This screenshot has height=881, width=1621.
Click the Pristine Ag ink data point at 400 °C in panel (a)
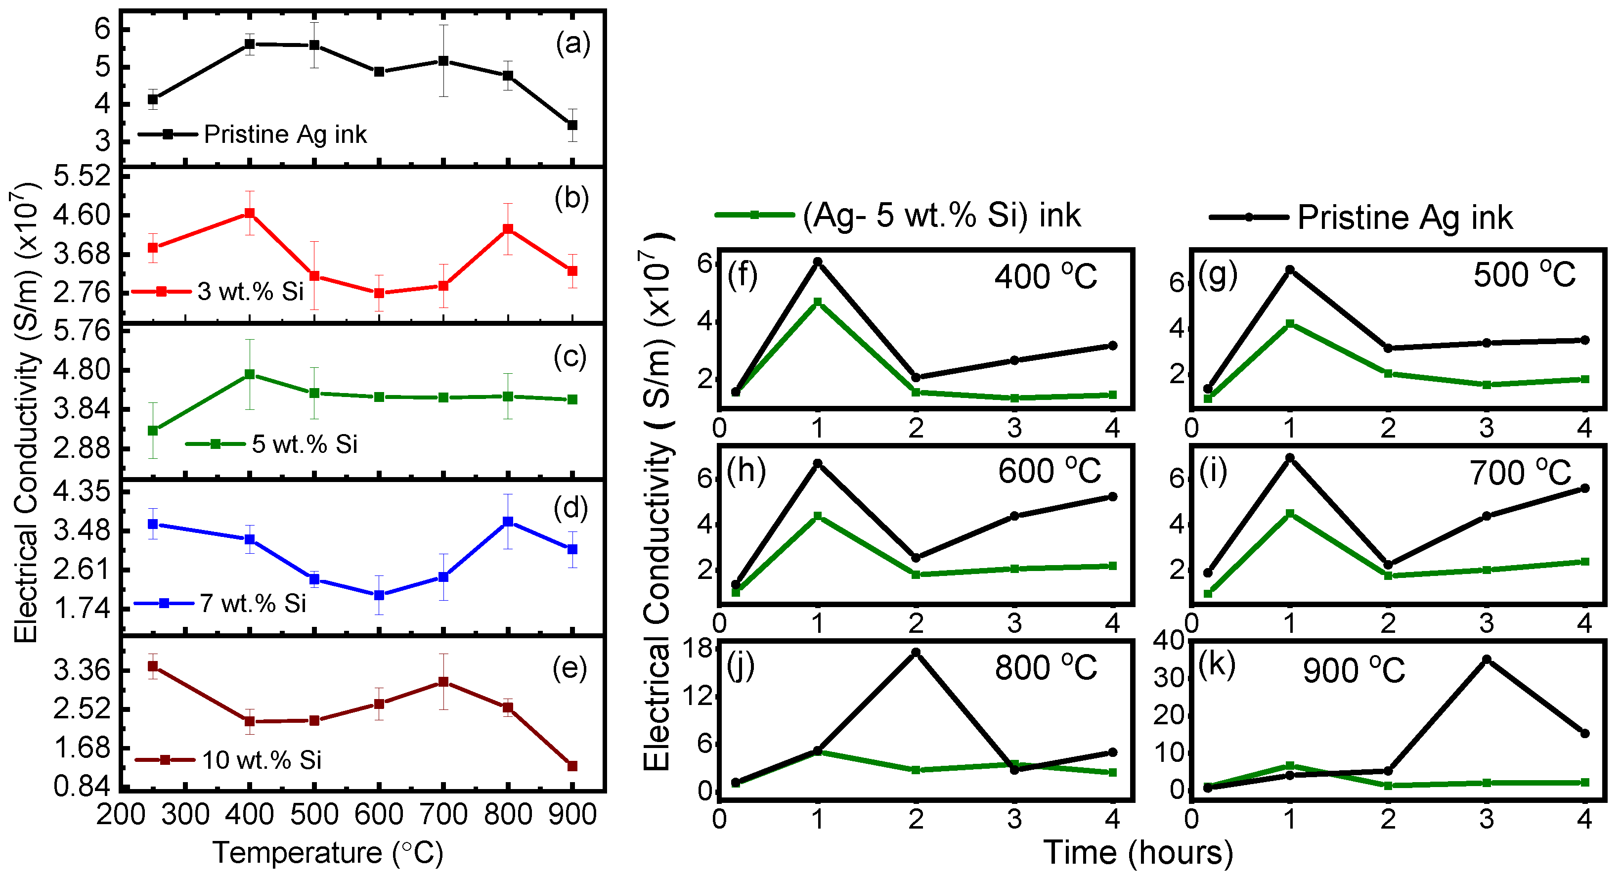click(250, 44)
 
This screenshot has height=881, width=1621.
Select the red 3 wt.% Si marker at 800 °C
click(508, 229)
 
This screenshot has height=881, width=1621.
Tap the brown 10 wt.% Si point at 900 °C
click(572, 766)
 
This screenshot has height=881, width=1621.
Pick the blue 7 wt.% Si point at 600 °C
click(379, 595)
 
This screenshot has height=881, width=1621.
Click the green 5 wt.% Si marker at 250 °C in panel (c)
click(153, 431)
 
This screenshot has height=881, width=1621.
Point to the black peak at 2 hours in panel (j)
click(916, 653)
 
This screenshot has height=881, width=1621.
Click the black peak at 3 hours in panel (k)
click(1487, 660)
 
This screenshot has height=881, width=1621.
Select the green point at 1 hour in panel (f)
click(818, 302)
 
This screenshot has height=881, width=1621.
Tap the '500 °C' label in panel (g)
click(1524, 275)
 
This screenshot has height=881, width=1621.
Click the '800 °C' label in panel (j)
click(1045, 668)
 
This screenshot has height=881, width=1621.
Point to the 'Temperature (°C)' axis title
click(328, 853)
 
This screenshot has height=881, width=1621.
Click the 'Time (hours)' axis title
click(1138, 853)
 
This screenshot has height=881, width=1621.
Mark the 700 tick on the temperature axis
click(443, 814)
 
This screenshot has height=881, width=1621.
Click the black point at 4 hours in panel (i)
click(1584, 488)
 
